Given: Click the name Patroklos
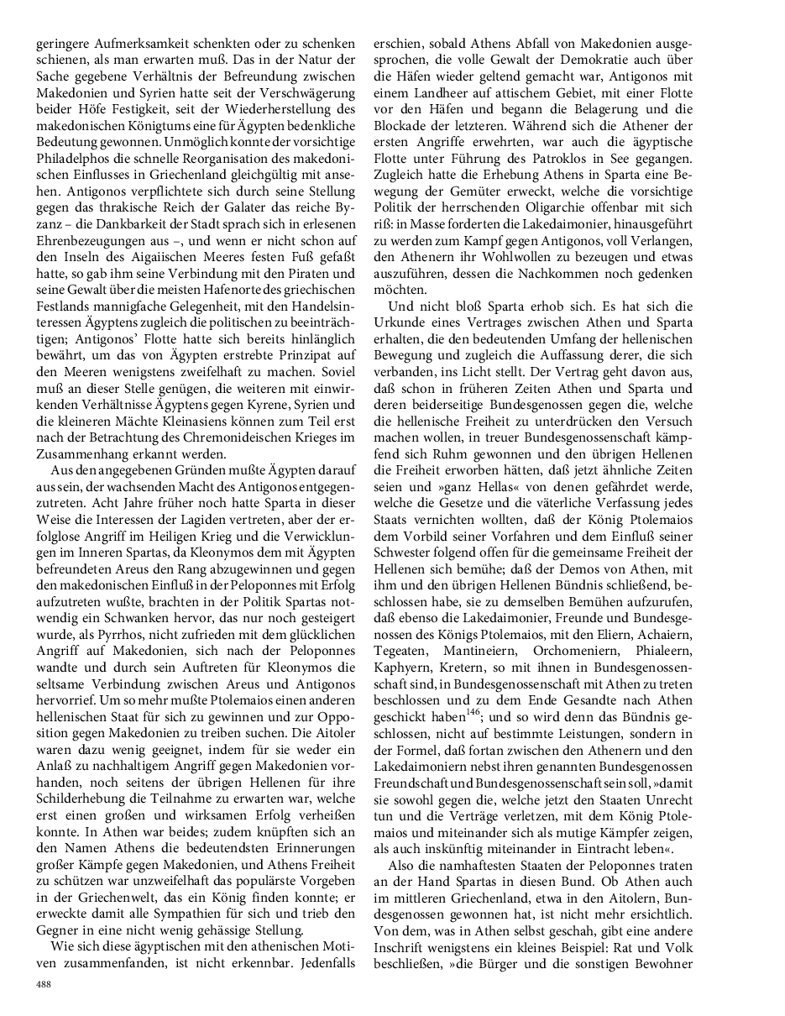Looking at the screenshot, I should [x=575, y=156].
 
